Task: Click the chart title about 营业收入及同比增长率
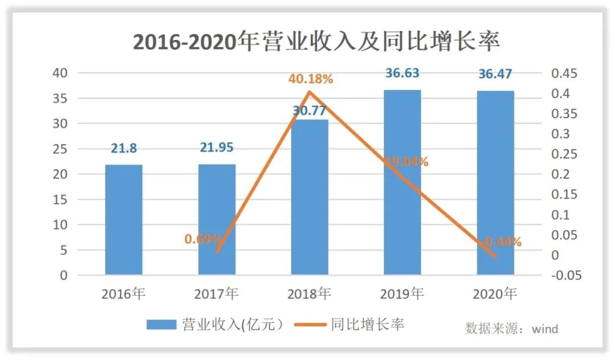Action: coord(316,42)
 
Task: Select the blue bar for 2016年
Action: coord(124,220)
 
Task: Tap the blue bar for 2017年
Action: coord(216,220)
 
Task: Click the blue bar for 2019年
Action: coord(403,182)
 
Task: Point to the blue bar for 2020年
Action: coord(495,183)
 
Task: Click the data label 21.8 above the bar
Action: coord(124,148)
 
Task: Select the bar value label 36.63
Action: coord(403,73)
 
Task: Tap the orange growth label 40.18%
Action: coord(310,80)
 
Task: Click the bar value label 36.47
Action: coord(495,73)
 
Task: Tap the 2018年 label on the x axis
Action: coord(309,294)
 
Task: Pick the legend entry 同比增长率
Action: coord(349,325)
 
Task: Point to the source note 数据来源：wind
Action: coord(511,329)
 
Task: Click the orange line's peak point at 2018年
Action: coord(309,92)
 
